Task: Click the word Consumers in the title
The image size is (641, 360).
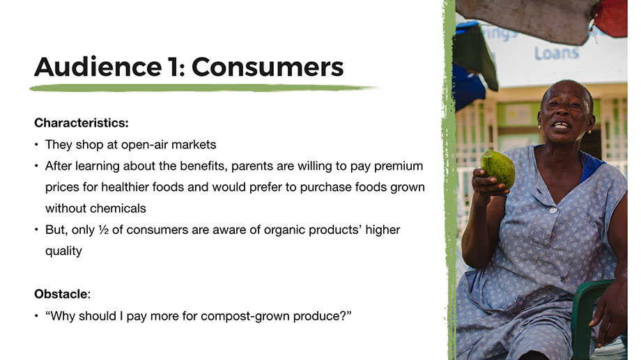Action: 268,67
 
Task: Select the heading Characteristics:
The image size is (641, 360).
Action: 82,123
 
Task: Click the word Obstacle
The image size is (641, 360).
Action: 61,294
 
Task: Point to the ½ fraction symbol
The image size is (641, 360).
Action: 103,230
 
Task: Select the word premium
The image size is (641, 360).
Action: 399,166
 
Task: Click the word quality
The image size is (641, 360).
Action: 64,251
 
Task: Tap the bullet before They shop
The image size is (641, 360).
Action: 37,145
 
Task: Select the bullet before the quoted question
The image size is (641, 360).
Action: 37,316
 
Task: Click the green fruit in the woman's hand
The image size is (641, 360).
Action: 498,168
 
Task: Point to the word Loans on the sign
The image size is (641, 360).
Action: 557,53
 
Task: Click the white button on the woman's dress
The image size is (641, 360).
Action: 553,210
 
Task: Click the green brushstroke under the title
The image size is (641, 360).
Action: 204,88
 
